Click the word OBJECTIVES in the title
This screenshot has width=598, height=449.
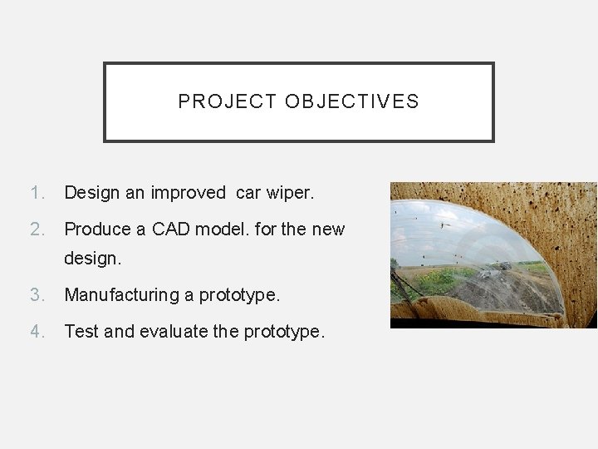point(352,102)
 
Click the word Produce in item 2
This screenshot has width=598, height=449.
point(96,228)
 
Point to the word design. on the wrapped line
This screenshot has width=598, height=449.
point(92,259)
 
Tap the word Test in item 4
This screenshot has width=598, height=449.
point(80,331)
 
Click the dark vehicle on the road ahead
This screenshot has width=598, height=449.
point(506,266)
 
